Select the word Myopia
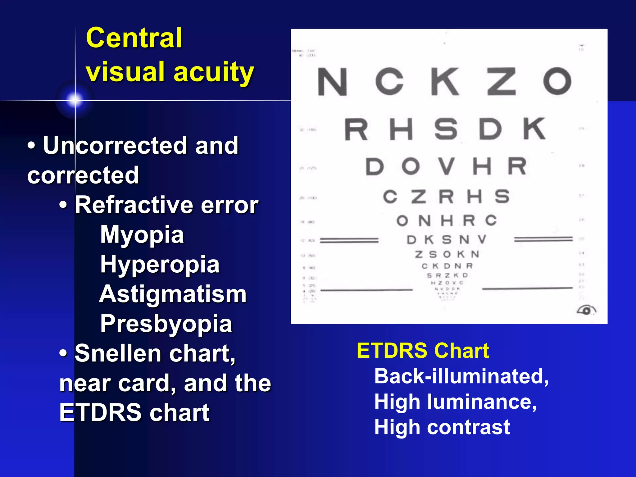142,235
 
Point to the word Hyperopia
160,265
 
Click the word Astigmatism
173,294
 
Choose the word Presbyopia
166,324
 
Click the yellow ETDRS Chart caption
423,351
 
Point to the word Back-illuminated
461,376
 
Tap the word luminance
482,402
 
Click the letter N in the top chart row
332,82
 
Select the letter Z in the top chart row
501,81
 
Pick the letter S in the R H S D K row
446,129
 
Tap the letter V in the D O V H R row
447,166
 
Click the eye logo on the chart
586,310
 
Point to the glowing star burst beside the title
75,100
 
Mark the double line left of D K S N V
349,240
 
